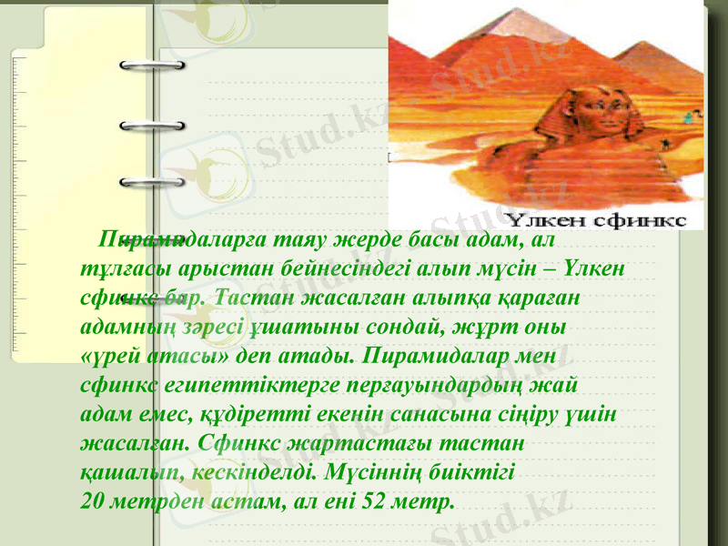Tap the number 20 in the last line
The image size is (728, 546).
point(91,501)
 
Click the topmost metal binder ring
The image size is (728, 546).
point(152,66)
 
